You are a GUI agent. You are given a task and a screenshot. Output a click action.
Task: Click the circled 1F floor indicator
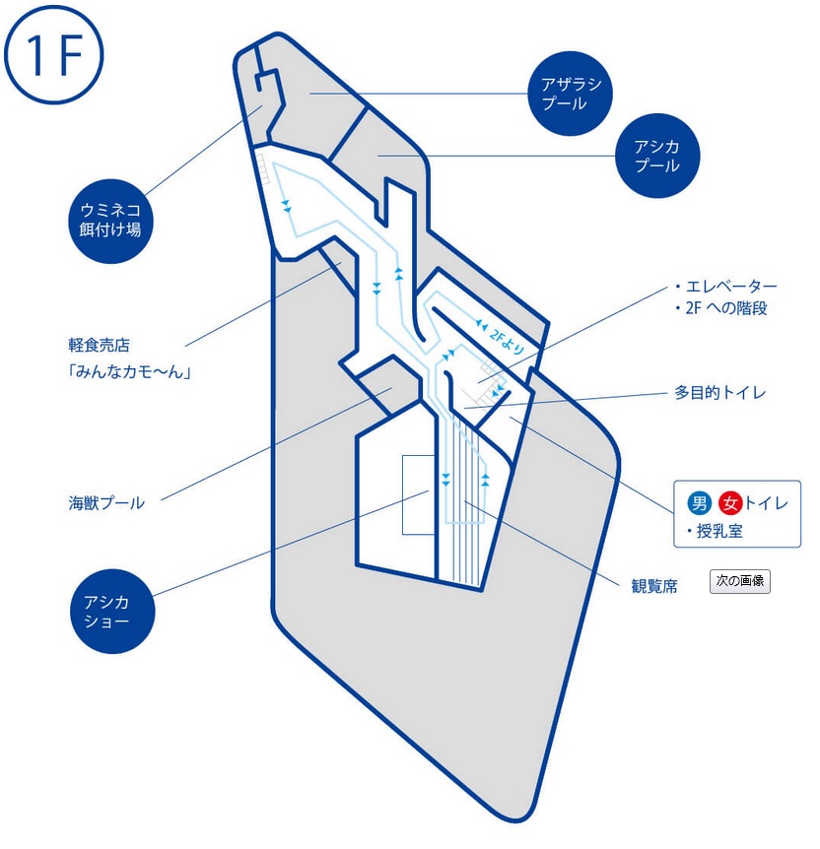(x=53, y=55)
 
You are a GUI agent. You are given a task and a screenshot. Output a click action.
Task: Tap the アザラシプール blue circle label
(x=570, y=94)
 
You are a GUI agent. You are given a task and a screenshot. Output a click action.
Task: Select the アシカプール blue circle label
(x=657, y=156)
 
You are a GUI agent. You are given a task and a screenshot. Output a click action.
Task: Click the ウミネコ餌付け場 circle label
(x=110, y=221)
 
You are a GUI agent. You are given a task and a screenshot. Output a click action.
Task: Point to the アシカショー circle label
(x=112, y=611)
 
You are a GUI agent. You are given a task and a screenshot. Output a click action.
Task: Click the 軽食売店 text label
(x=100, y=345)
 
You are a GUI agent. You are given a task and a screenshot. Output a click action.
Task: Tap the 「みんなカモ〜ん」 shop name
(x=129, y=372)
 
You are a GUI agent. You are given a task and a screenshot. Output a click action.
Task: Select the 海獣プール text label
(x=106, y=503)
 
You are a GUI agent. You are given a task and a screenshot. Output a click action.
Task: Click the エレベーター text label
(x=731, y=286)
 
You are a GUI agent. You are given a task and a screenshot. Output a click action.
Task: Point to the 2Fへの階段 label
(x=726, y=308)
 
